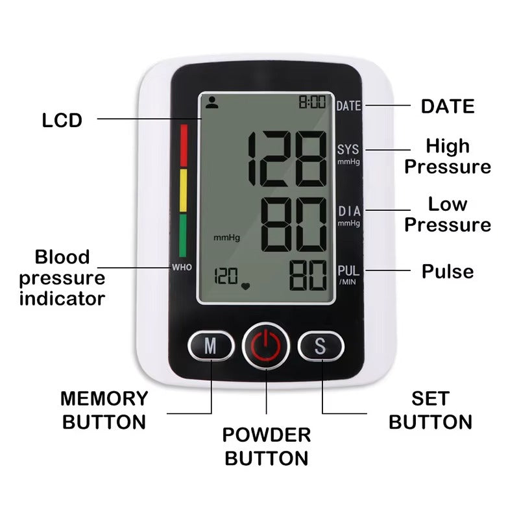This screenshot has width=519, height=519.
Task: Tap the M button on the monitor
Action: point(210,346)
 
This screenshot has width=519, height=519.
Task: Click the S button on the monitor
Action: point(320,346)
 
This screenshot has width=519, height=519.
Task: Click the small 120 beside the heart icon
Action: point(226,277)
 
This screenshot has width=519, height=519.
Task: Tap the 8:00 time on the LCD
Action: point(312,103)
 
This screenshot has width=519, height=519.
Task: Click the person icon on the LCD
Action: point(211,101)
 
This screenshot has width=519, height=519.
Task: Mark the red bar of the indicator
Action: point(183,145)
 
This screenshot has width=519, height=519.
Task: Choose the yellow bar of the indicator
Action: point(183,191)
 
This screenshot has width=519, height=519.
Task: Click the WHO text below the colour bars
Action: point(182,267)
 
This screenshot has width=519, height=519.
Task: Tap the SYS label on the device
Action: point(348,150)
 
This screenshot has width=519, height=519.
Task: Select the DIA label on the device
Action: point(348,211)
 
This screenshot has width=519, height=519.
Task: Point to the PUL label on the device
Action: point(348,271)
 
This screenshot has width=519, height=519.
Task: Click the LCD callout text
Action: point(62,120)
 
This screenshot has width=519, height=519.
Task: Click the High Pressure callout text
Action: point(448,156)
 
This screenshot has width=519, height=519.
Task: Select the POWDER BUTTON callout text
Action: point(267,446)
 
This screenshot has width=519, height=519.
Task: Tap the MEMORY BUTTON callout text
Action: point(104,410)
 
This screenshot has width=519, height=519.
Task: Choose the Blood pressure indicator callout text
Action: point(62,278)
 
